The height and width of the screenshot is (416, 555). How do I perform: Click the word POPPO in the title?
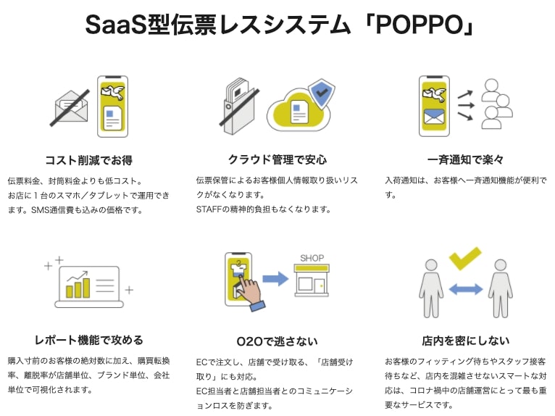420,25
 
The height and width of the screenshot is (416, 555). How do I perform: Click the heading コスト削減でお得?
89,160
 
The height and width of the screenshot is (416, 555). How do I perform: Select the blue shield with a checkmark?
322,93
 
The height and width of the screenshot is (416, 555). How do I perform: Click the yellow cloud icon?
298,109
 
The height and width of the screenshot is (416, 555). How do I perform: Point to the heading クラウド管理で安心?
277,159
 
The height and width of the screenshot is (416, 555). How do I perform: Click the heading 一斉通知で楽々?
465,159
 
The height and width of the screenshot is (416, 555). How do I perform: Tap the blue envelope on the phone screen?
434,117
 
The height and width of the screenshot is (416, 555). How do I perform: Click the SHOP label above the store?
312,258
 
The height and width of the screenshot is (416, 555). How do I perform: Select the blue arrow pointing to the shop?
275,278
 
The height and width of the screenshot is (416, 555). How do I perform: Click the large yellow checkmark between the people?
465,258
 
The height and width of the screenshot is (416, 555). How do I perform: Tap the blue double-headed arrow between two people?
465,289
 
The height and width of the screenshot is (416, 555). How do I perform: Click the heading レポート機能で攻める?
89,340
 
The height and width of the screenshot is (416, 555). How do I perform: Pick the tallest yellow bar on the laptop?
85,288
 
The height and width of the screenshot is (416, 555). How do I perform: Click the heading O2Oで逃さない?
277,341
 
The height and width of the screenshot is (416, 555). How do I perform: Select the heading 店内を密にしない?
465,341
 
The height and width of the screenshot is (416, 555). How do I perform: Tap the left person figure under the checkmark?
431,288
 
